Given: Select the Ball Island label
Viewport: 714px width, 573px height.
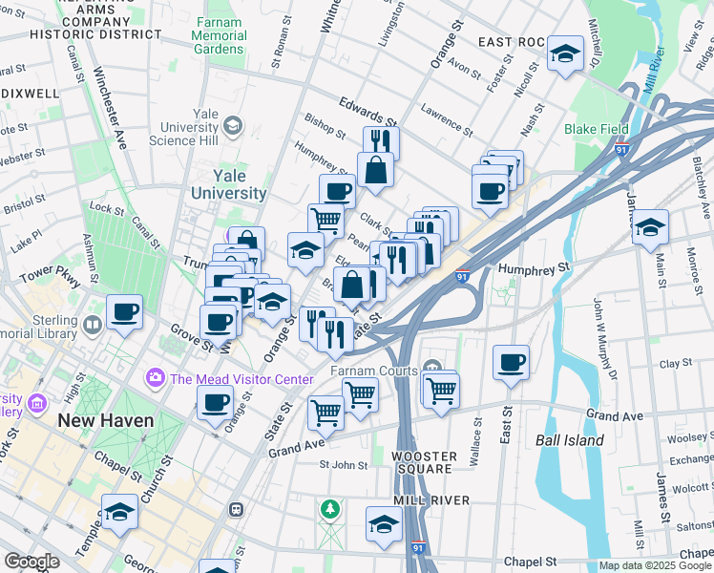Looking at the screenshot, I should pos(569,440).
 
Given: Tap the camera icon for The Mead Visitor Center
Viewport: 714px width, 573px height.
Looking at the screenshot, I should pos(155,379).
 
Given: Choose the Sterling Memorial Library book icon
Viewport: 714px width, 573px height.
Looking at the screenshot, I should pos(92,324).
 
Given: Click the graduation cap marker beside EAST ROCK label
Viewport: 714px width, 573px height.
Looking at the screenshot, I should pos(565,53).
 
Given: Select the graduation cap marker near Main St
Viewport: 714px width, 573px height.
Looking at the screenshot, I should pos(650,227).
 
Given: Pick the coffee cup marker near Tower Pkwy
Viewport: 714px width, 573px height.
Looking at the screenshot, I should pos(125,311).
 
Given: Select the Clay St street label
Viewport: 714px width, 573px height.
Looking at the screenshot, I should pos(675,364).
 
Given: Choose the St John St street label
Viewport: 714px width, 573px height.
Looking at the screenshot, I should pos(343,465).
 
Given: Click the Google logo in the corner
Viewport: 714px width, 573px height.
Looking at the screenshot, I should pos(31,562).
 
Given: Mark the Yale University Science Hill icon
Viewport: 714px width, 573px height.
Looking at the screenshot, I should pos(232,126).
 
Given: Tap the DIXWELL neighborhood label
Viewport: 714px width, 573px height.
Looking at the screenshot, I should pos(31,94).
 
